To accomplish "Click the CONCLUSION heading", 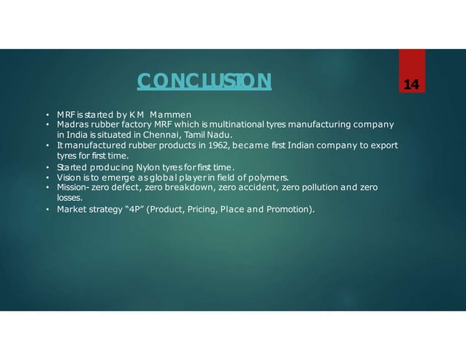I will point(205,80).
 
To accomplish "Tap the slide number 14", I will point(411,86).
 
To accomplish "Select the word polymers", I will point(268,177).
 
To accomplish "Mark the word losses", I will point(70,197).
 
